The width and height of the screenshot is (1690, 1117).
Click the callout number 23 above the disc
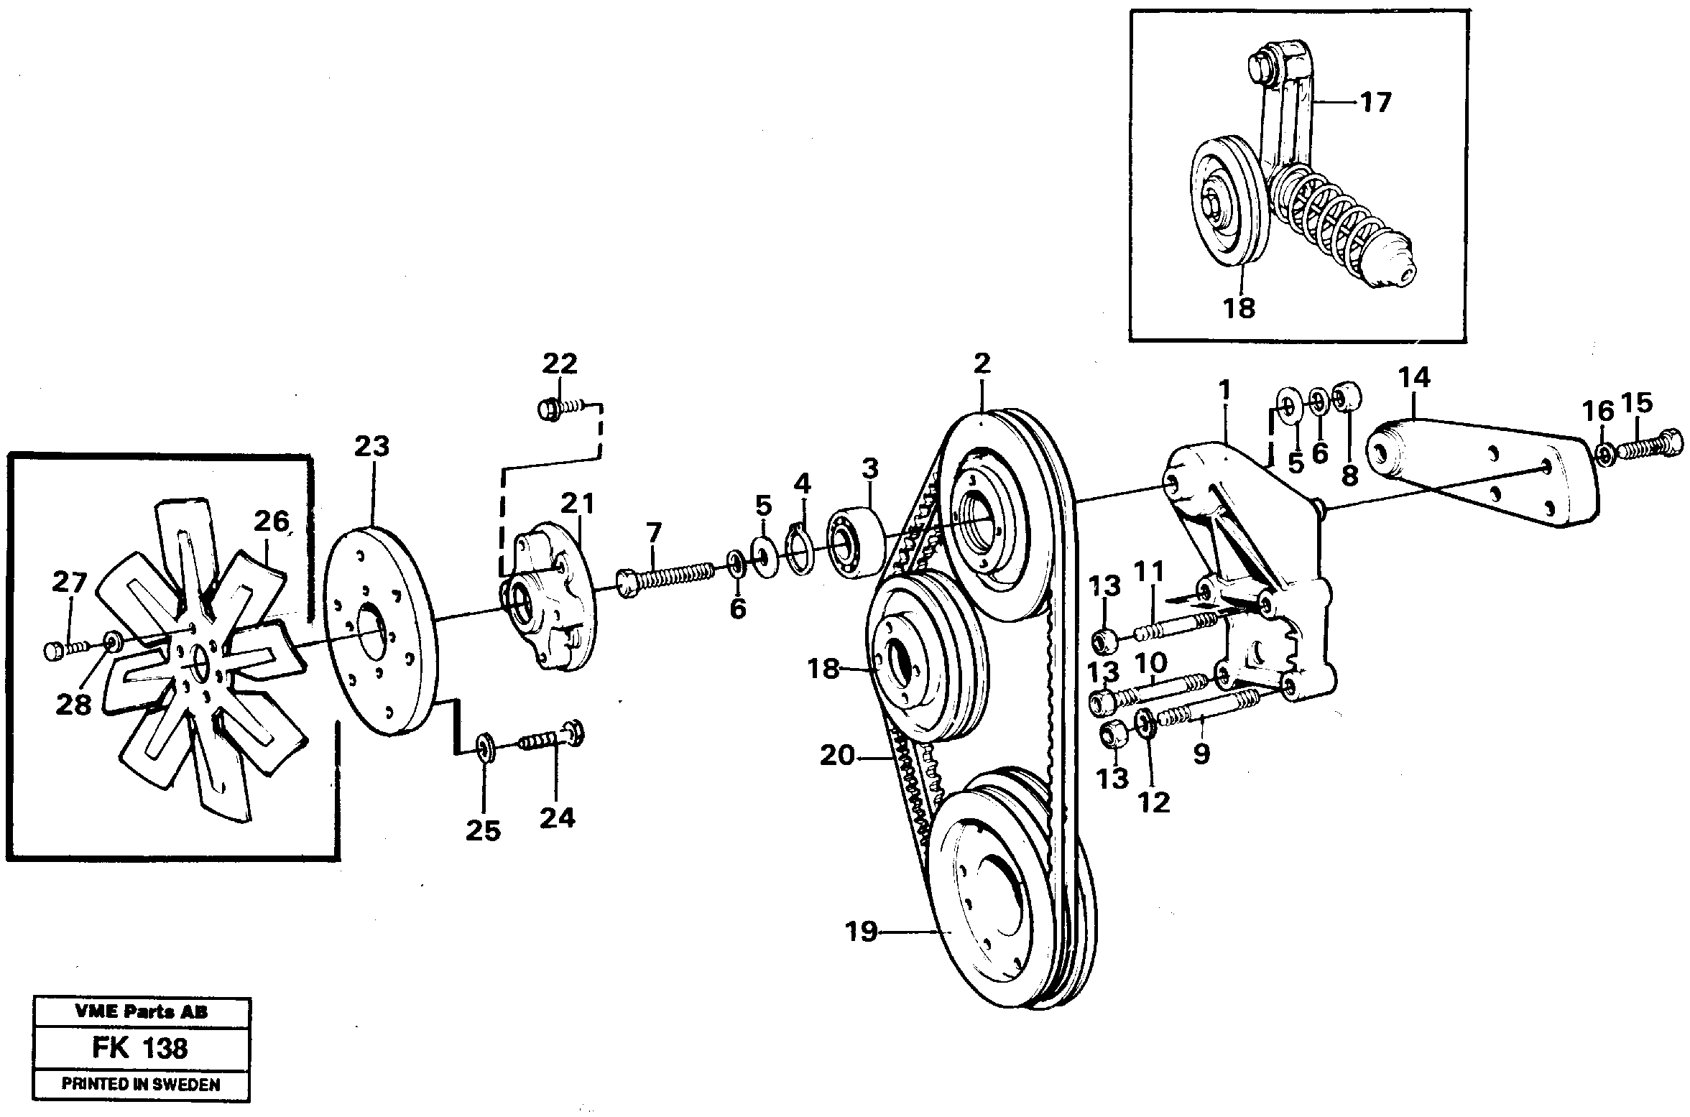371,446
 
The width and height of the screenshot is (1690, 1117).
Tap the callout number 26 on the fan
271,521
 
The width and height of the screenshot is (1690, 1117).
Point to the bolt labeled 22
561,409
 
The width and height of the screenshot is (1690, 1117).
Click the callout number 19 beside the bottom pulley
862,932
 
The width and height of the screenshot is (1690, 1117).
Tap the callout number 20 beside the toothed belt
838,756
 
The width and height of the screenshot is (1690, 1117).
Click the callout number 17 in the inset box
1376,102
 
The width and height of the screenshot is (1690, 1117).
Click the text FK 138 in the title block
140,1049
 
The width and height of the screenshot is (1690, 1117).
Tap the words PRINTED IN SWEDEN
140,1084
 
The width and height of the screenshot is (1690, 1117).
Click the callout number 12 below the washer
1154,802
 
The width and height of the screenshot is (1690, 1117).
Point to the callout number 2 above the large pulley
983,363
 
